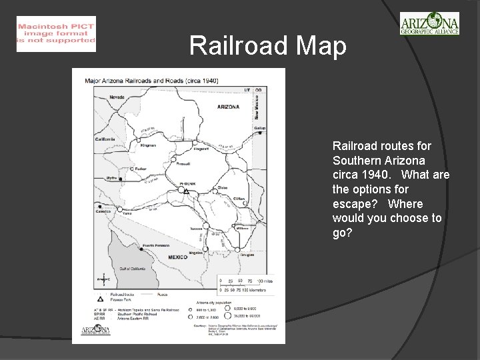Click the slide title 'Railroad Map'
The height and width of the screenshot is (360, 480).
click(268, 46)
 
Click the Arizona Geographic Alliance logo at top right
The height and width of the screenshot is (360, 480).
click(429, 24)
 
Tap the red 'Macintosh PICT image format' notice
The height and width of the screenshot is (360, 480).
click(56, 33)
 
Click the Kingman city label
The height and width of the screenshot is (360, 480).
click(148, 145)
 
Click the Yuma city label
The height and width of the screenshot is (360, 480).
click(127, 213)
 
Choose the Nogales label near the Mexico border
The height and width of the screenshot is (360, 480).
click(195, 253)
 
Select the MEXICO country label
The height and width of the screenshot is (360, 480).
click(177, 257)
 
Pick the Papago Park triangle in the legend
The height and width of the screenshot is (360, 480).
click(100, 299)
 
